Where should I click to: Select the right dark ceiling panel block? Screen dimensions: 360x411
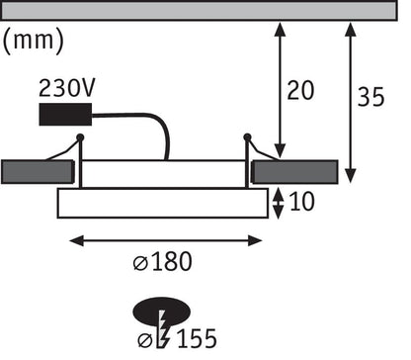tap(300, 172)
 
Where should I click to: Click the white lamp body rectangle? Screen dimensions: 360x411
tap(162, 204)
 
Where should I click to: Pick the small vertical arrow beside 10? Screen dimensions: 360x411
tap(279, 204)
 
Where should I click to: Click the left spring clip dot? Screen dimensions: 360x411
tap(81, 137)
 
